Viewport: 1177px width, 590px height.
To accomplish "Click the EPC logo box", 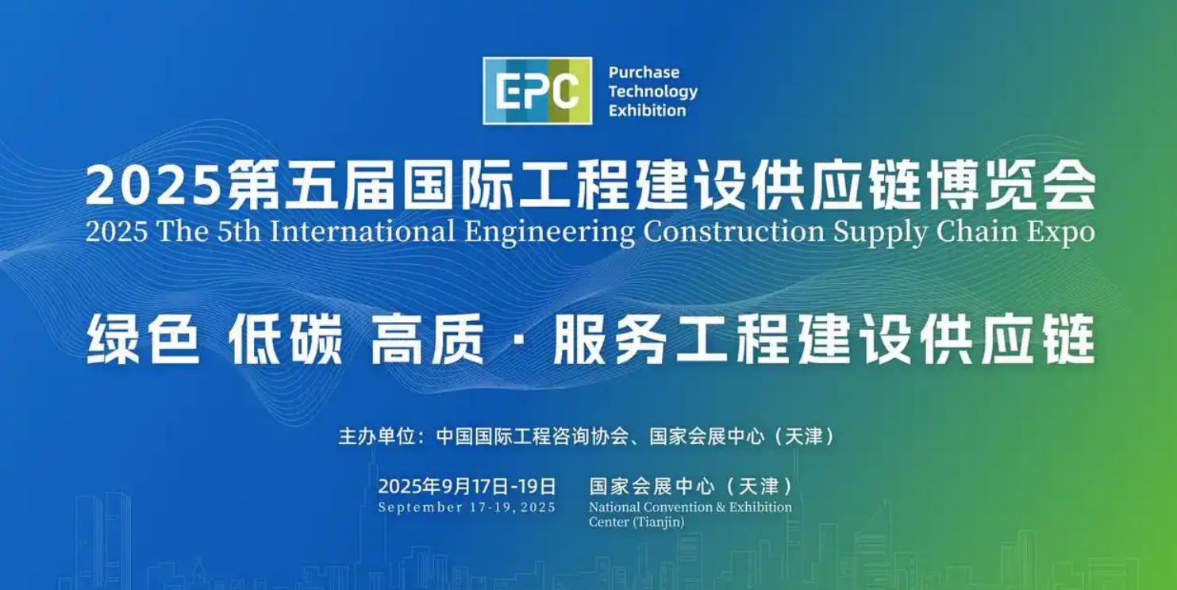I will (537, 90).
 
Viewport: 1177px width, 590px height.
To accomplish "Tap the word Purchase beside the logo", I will (644, 72).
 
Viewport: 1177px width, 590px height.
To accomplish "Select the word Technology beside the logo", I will (652, 91).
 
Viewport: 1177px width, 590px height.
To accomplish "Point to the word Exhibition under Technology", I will (647, 110).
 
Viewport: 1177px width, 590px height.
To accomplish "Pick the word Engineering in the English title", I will (549, 232).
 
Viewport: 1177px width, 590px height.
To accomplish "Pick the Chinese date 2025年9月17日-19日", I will (467, 486).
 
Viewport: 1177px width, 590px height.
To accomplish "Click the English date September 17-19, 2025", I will (467, 508).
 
